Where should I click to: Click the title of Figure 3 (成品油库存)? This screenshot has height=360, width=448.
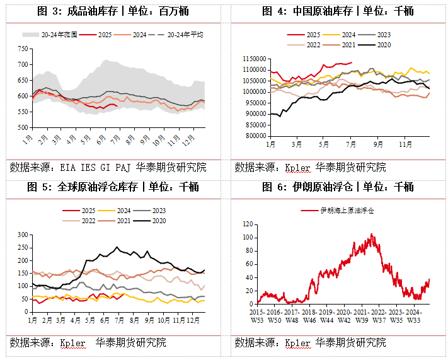click(x=113, y=11)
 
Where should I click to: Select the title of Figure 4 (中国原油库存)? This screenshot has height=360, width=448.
click(x=337, y=11)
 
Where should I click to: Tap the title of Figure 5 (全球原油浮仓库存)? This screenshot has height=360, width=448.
click(x=113, y=186)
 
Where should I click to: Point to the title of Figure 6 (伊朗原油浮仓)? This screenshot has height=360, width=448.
click(x=337, y=186)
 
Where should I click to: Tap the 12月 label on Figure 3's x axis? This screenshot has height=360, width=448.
click(x=197, y=137)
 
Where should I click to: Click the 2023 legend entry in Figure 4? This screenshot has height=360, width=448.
click(x=384, y=35)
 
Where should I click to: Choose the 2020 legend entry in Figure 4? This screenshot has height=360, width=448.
click(x=384, y=44)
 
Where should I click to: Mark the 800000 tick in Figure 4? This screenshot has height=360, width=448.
click(x=253, y=136)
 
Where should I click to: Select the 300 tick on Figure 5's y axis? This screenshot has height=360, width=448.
click(x=23, y=235)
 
